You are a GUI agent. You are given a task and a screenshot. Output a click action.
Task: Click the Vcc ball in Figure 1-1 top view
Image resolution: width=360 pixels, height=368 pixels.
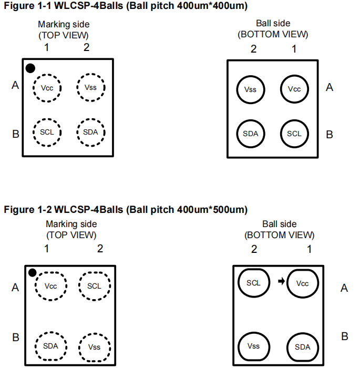(47, 87)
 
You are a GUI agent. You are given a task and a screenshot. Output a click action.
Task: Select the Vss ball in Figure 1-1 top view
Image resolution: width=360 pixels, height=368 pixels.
(90, 87)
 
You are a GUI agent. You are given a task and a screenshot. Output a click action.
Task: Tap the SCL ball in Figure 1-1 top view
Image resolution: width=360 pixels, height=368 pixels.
(47, 131)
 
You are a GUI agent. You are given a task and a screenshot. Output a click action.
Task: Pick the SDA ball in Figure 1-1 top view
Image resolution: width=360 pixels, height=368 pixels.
(90, 131)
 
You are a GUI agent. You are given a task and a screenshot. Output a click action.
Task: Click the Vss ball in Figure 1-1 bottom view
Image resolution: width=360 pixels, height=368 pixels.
(251, 89)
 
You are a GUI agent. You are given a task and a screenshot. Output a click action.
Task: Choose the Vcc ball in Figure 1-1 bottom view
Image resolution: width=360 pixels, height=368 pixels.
(294, 89)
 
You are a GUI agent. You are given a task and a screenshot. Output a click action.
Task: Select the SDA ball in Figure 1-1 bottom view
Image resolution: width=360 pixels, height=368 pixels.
(251, 133)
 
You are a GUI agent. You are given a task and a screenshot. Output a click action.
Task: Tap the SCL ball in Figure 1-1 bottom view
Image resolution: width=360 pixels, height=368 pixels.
(294, 133)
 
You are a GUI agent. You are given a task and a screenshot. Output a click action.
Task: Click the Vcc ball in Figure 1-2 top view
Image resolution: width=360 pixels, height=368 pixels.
(50, 286)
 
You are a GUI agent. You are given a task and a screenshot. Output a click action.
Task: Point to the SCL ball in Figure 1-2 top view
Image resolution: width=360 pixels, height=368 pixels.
(94, 286)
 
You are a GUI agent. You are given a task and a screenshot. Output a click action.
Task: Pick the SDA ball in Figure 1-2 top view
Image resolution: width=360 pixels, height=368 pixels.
(50, 346)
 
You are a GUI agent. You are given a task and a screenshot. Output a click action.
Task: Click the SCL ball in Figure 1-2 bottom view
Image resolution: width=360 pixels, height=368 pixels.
(253, 282)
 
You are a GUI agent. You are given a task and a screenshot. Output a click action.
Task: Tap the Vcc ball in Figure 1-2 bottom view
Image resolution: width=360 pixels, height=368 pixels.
(302, 283)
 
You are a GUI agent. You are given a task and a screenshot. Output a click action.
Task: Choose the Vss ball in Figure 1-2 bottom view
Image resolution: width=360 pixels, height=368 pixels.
(253, 346)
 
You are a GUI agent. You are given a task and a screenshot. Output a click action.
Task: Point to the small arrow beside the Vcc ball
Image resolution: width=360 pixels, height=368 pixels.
(281, 282)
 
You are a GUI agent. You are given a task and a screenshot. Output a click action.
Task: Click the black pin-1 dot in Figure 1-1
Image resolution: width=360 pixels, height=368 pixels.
(30, 68)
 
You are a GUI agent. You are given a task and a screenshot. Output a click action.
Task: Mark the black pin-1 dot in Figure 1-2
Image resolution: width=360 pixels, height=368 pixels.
(33, 272)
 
